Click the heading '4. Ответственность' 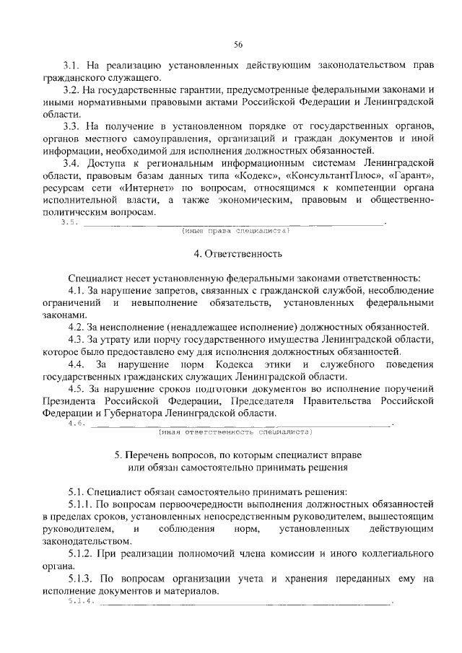tap(233, 253)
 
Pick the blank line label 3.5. tap(70, 222)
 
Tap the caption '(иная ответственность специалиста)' tap(234, 431)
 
